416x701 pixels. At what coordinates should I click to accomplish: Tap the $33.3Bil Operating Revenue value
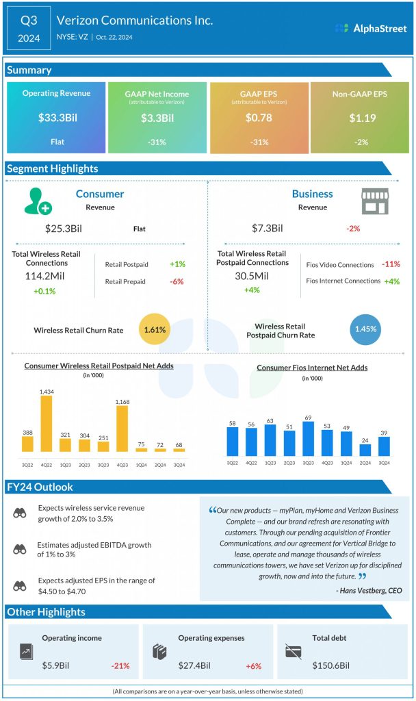(57, 118)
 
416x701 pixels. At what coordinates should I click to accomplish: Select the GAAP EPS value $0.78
(259, 118)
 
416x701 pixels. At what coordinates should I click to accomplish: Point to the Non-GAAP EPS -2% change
(360, 142)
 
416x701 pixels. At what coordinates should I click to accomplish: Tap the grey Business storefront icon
(375, 201)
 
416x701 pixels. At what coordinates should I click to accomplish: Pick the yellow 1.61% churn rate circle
(155, 330)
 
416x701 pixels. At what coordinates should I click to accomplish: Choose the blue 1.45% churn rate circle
(365, 330)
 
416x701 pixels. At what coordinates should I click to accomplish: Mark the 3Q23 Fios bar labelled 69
(308, 439)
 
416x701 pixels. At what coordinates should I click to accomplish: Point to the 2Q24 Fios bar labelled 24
(365, 450)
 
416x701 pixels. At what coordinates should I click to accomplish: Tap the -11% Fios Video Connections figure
(391, 264)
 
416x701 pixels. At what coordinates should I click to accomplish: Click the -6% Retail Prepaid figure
(177, 281)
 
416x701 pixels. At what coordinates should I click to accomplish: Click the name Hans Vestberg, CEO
(369, 590)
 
